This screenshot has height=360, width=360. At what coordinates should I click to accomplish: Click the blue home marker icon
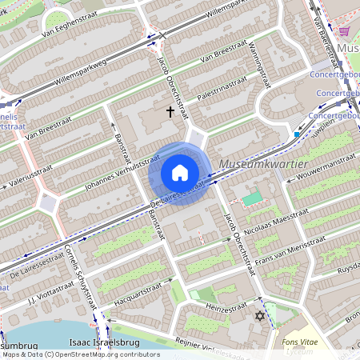[x=180, y=173]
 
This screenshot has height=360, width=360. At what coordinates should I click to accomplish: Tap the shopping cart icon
[x=345, y=30]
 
